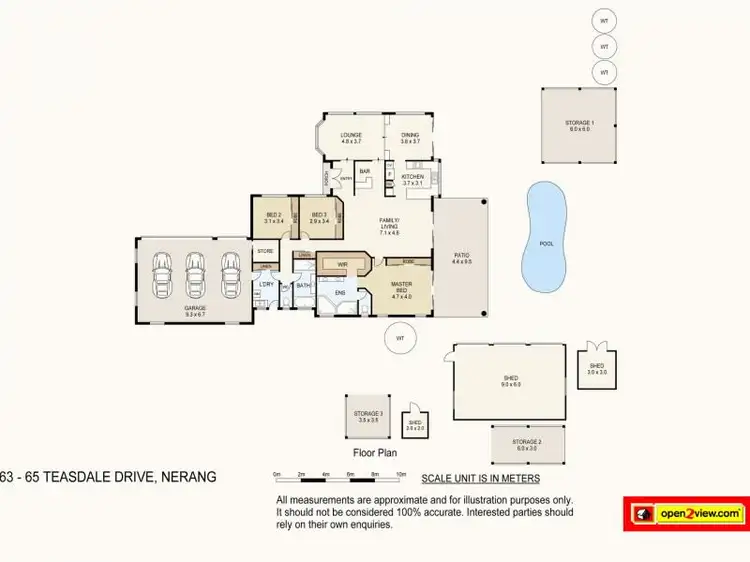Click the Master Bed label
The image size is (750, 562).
coord(402,287)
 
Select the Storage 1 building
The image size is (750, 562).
coord(579,126)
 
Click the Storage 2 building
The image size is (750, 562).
coord(527,443)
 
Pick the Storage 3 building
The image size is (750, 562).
coord(368,416)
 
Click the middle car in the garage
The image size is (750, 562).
coord(195,271)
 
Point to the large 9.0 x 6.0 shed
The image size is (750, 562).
coord(511,381)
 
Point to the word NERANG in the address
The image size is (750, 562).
coord(186,478)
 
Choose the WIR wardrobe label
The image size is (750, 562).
coord(342,265)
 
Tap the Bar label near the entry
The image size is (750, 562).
coord(364,172)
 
